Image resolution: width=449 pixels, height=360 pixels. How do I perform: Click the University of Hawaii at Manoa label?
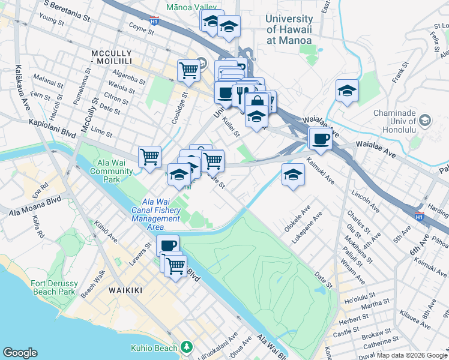tap(289, 29)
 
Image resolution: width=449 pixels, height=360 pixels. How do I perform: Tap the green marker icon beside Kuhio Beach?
tap(187, 347)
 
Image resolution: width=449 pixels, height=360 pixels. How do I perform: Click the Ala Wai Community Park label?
tap(112, 171)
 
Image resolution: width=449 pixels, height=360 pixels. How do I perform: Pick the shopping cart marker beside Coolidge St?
tap(188, 70)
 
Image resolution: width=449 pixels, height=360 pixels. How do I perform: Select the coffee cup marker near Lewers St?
tap(167, 245)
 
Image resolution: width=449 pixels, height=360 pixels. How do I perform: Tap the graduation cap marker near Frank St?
tap(347, 91)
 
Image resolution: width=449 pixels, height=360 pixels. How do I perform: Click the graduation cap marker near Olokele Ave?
tap(292, 175)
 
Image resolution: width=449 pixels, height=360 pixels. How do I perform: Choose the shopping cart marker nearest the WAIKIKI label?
tap(175, 265)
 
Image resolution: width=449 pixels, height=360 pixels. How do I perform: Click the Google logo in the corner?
tap(20, 353)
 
